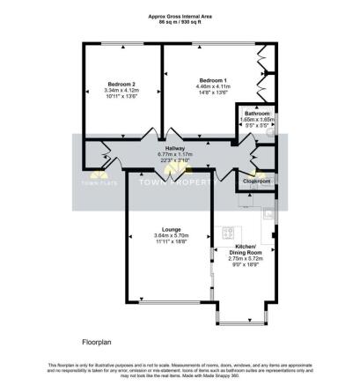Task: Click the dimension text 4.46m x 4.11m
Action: (x=214, y=86)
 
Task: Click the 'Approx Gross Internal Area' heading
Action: (x=180, y=16)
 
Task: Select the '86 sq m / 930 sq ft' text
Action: (x=180, y=22)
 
